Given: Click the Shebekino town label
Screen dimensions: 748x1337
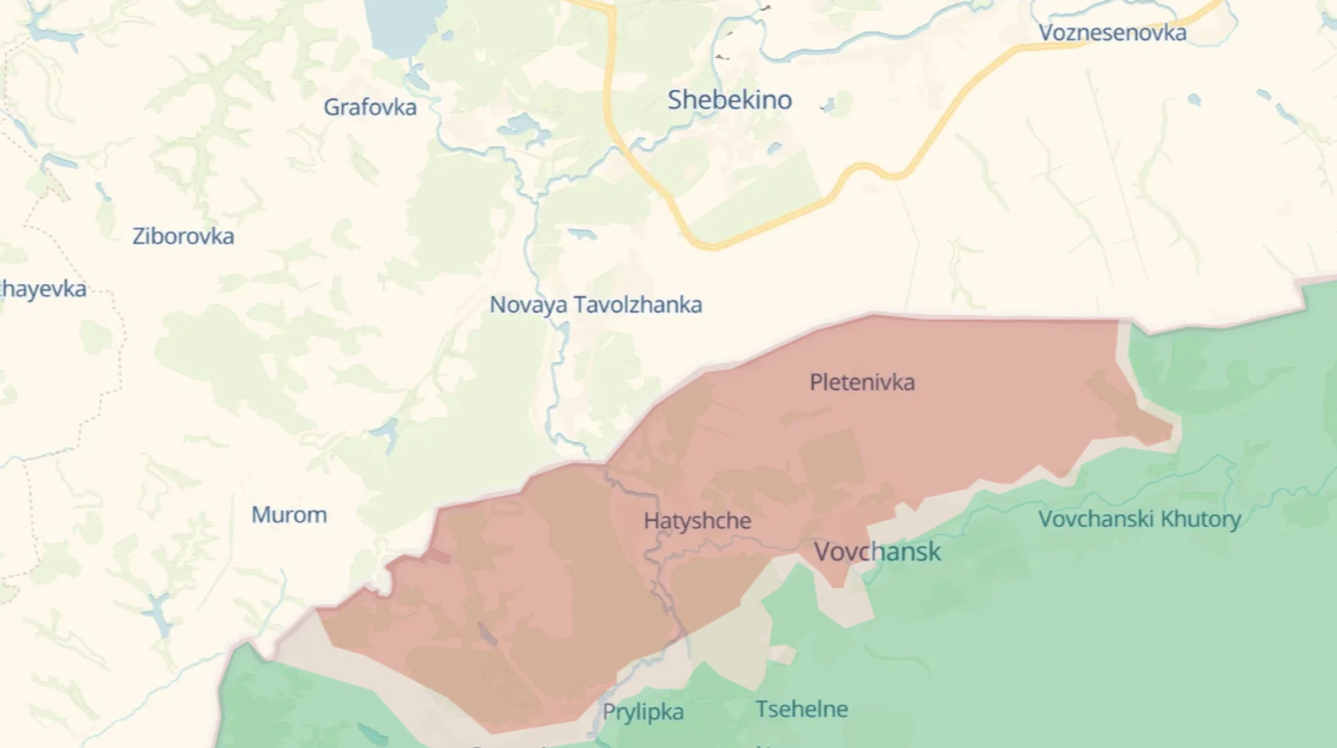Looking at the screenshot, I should click(x=730, y=100).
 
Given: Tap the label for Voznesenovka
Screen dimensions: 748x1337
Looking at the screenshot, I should click(x=1112, y=33).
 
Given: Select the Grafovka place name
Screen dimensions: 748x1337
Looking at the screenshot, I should click(x=370, y=107).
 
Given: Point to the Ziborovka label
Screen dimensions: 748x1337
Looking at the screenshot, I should click(x=183, y=236).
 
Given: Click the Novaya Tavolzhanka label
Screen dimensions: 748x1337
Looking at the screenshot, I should click(x=595, y=305).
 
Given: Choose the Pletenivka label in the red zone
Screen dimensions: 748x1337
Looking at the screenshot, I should click(x=862, y=382).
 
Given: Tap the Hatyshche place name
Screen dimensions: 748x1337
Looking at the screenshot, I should click(x=697, y=521).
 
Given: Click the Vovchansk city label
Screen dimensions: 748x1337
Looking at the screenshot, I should click(x=877, y=552).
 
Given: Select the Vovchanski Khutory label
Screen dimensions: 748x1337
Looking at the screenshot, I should click(x=1139, y=519).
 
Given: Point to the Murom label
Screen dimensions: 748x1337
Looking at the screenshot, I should click(x=289, y=515).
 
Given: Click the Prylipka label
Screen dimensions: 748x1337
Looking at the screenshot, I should click(x=643, y=712).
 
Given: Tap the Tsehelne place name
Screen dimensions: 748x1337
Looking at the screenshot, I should click(x=802, y=709).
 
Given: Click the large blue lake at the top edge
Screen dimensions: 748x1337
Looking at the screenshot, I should click(x=404, y=24).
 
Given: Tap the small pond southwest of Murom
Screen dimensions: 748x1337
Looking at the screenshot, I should click(x=159, y=613).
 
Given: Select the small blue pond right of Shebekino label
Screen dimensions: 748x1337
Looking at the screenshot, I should click(x=827, y=106).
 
